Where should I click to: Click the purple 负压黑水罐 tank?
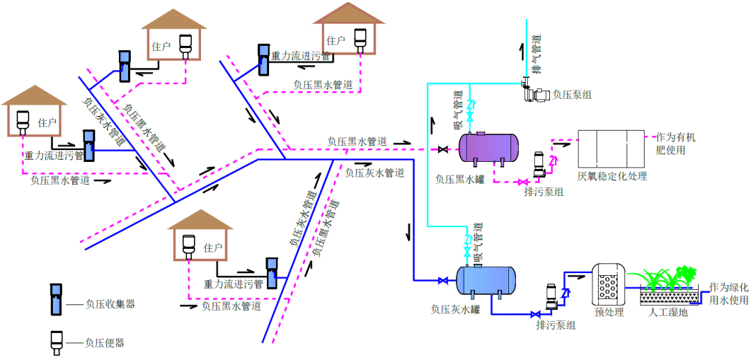[x=488, y=147]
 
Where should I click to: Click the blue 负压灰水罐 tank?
[x=486, y=280]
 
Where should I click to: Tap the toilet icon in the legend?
[x=55, y=340]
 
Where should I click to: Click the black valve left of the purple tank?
[x=442, y=149]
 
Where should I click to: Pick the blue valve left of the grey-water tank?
[x=442, y=281]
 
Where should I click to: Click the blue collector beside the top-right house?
[x=264, y=60]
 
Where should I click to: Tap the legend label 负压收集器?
[x=109, y=304]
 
